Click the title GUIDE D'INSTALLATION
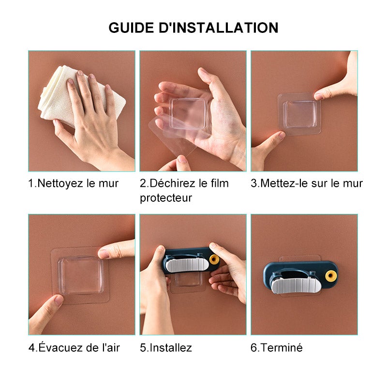193,27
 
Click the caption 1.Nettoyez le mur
73,183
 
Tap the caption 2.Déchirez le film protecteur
184,190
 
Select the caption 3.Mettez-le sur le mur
307,183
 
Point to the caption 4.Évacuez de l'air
74,347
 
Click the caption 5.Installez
166,347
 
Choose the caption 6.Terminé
277,347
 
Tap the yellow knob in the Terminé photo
330,276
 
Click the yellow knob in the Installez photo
214,260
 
